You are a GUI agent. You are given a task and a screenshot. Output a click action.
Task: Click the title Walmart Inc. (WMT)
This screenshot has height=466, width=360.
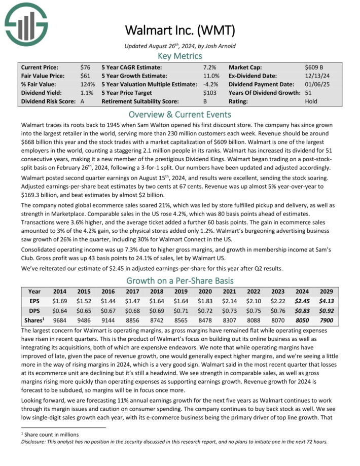pyautogui.click(x=179, y=31)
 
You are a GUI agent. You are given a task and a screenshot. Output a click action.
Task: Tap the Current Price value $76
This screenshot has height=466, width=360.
pyautogui.click(x=85, y=67)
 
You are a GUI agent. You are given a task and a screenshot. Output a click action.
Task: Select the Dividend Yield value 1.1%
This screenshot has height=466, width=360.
pyautogui.click(x=87, y=93)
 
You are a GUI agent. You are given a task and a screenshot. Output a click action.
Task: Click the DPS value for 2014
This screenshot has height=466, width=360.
pyautogui.click(x=59, y=309)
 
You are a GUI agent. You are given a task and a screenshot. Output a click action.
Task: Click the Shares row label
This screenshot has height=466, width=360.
pyautogui.click(x=34, y=319)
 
